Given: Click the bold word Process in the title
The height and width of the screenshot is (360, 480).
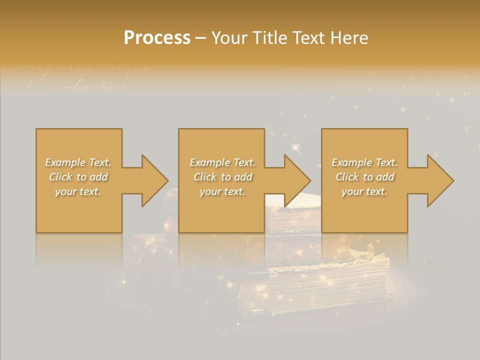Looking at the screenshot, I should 157,38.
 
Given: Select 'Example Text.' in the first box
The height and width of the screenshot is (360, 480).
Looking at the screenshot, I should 78,162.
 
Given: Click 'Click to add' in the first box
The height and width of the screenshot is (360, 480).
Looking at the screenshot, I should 78,177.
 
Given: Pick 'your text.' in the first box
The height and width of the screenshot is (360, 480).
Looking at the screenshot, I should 78,191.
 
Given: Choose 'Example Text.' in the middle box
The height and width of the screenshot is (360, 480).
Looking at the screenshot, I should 222,162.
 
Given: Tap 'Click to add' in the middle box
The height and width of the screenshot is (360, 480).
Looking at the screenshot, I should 222,177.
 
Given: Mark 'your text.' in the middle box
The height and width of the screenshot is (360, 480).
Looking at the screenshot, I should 222,191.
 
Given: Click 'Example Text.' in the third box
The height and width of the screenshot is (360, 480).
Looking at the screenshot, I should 364,162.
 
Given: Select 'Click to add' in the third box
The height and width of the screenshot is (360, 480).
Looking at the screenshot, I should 364,177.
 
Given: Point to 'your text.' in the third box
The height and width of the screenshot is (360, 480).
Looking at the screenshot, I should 364,191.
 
